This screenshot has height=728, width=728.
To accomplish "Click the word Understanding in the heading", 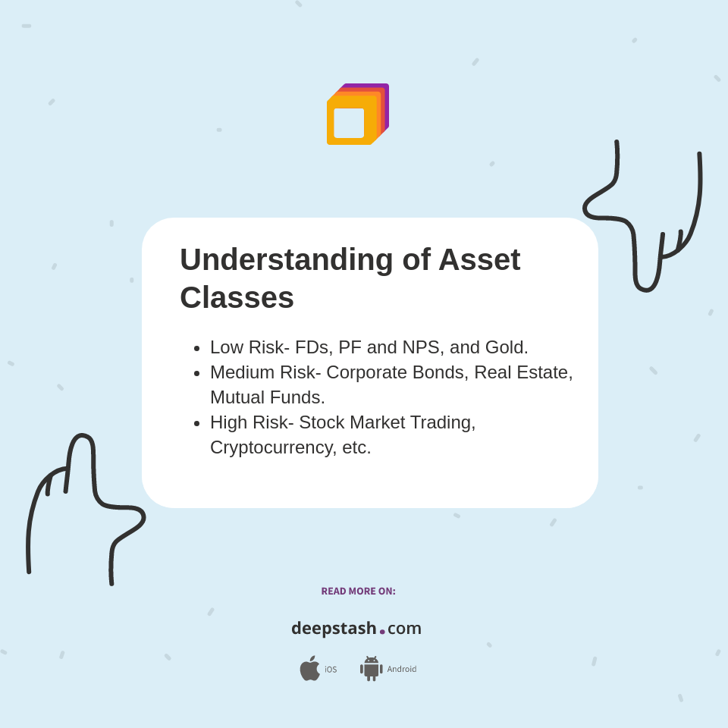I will [x=286, y=260].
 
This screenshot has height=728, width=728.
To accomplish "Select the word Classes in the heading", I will [x=237, y=297].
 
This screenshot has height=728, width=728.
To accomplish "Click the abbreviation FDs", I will [x=312, y=347].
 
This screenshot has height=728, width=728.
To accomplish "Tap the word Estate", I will [x=541, y=372].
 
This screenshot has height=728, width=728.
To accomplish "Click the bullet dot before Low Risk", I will [x=196, y=349].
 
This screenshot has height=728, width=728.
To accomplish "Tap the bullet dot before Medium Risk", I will [x=196, y=374].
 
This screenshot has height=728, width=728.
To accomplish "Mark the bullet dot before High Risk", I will [x=196, y=424].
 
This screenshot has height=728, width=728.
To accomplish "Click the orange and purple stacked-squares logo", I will [x=357, y=115].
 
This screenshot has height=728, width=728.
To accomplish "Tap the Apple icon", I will [x=309, y=668].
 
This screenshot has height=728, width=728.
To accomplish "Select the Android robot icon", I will [x=371, y=668].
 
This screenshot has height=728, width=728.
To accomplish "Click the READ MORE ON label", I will [x=358, y=591].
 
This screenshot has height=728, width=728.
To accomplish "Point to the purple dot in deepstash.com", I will [x=382, y=632].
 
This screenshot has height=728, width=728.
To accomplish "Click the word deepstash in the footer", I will [x=334, y=628].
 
